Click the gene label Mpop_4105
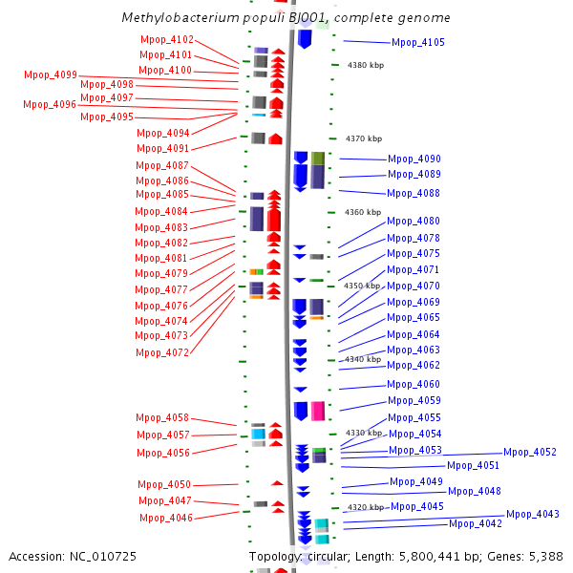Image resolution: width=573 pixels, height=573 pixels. (418, 42)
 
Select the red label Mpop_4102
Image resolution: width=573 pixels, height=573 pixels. (167, 39)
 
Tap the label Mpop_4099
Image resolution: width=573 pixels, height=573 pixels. (51, 74)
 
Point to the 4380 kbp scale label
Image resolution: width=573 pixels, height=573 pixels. (366, 65)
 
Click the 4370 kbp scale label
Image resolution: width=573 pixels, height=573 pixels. (364, 138)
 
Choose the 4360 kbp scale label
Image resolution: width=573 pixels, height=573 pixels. (363, 212)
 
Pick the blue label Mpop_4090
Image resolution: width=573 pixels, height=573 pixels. (414, 159)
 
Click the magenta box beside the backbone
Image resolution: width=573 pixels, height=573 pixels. (318, 411)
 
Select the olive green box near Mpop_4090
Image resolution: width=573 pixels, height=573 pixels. (318, 159)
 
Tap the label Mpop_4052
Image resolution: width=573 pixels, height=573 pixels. (530, 452)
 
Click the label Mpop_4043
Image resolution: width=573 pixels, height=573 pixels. (533, 514)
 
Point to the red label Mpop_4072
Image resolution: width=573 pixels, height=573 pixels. (162, 352)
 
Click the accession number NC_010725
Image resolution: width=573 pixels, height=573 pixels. (103, 556)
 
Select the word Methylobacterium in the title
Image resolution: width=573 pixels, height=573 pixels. (180, 17)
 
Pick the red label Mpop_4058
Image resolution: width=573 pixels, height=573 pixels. (162, 417)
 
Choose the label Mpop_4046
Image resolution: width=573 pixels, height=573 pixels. (166, 518)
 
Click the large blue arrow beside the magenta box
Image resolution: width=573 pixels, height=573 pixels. (301, 411)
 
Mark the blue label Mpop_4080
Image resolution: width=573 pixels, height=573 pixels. (414, 222)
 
